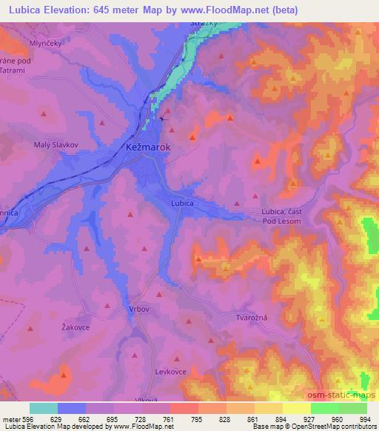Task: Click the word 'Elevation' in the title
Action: (x=72, y=10)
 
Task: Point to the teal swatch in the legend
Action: (x=44, y=408)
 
